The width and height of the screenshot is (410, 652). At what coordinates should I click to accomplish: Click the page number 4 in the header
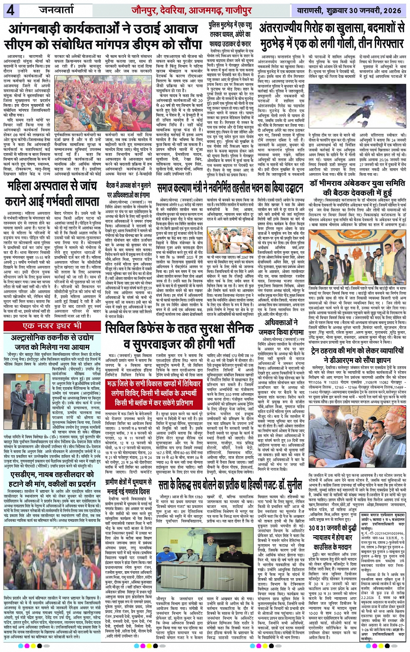pos(10,10)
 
